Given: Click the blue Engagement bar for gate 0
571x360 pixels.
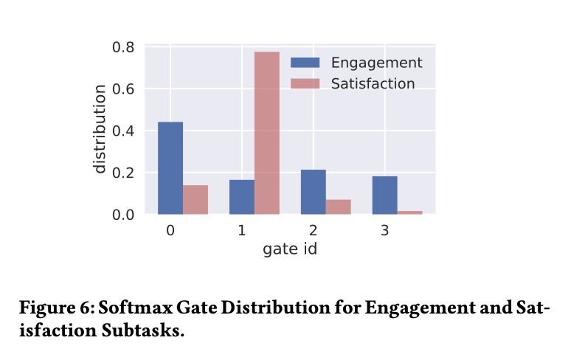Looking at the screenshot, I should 170,168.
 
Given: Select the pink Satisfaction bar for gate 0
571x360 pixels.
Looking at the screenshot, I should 195,200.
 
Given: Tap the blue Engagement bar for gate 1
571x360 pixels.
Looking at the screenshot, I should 242,197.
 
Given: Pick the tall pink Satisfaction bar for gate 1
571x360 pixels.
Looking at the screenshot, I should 267,133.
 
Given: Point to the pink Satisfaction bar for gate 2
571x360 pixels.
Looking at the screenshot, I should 339,207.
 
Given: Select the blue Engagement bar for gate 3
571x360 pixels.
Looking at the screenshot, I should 385,195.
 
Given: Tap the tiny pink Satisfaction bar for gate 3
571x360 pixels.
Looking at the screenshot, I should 410,212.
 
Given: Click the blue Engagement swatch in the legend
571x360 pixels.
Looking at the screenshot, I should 305,62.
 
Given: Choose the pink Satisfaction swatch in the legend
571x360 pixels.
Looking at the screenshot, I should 305,83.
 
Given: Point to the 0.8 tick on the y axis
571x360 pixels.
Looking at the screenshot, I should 124,47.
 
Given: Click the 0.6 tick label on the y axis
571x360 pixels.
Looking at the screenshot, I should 124,89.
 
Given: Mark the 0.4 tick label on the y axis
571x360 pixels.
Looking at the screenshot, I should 124,131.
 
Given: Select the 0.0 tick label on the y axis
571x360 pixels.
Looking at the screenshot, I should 124,215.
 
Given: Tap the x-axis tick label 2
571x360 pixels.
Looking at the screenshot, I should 314,231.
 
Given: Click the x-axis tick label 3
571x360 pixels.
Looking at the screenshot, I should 385,231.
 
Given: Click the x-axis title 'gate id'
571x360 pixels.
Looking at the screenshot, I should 290,249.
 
